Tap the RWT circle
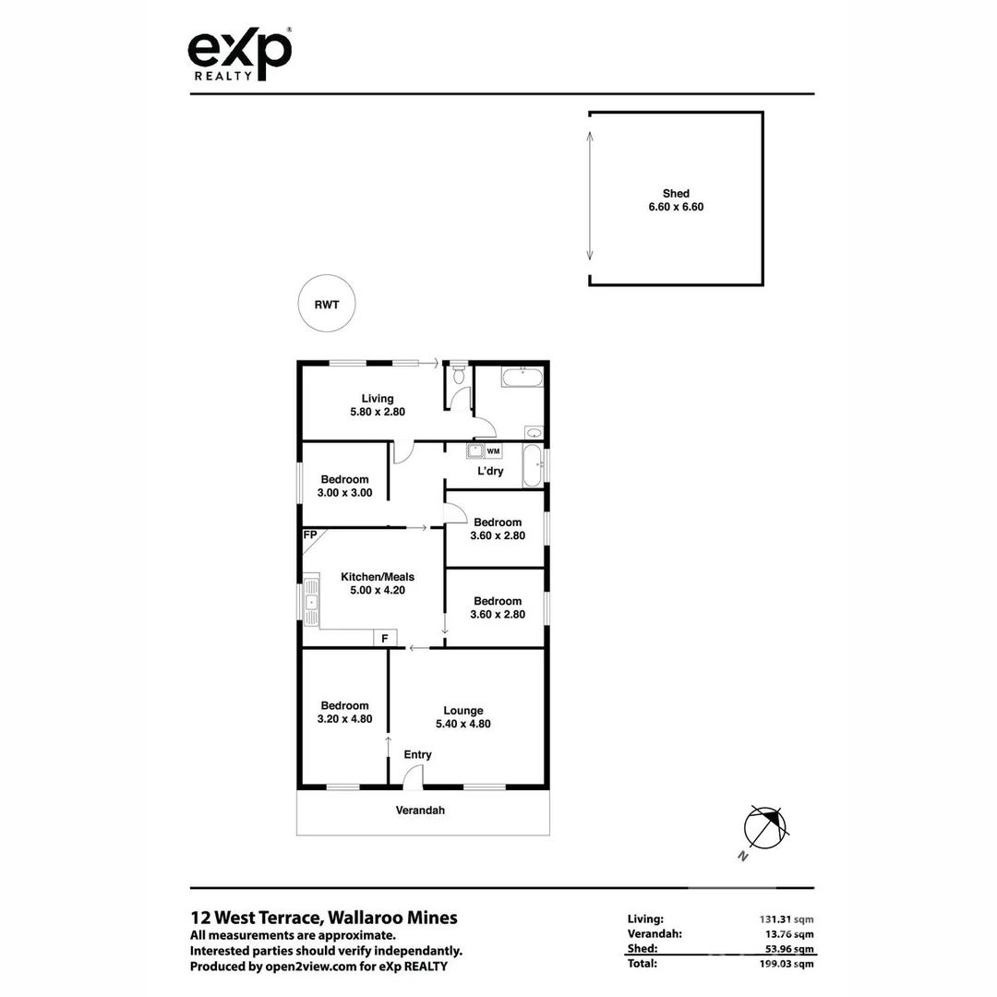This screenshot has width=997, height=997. coord(327,305)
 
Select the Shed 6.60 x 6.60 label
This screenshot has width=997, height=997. coord(676,200)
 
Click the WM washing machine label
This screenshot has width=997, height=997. coord(493,451)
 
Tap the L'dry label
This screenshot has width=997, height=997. coord(490,472)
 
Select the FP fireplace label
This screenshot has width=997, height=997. coord(310,535)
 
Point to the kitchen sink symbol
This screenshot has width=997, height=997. coord(311,605)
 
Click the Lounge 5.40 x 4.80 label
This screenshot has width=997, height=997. coord(463,717)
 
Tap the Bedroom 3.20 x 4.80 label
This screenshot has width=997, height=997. coord(344,712)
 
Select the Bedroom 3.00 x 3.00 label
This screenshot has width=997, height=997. coord(344,486)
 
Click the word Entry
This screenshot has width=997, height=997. coord(417,755)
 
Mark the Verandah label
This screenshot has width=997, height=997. coord(421,811)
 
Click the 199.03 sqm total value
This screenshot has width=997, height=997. coord(781,964)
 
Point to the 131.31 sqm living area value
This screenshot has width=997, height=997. coord(781,919)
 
